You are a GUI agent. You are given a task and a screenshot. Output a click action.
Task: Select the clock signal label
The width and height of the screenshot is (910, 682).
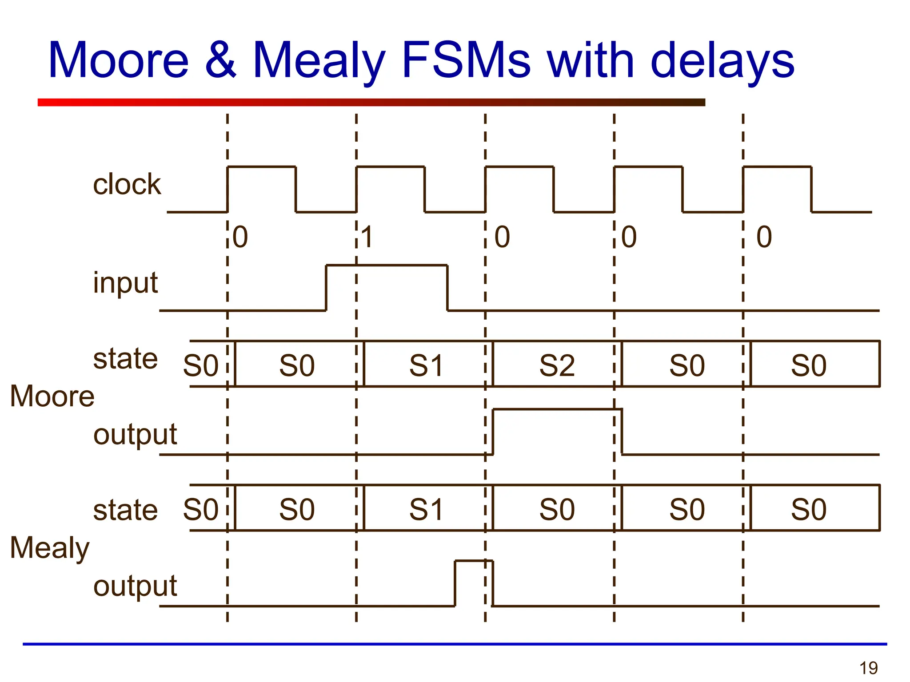(127, 184)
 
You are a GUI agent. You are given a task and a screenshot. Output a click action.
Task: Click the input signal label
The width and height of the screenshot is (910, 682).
(125, 283)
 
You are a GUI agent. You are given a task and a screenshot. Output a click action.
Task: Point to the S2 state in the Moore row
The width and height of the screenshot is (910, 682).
(557, 365)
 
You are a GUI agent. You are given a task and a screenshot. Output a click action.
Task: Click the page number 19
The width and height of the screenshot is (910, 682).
(868, 668)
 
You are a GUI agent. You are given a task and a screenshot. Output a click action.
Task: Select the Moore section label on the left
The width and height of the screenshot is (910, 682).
(52, 396)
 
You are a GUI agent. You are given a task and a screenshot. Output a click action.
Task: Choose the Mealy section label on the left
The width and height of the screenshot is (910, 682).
(49, 548)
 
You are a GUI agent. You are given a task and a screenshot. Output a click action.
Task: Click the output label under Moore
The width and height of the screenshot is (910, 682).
(135, 435)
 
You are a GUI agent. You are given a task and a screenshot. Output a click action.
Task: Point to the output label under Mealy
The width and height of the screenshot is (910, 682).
(135, 586)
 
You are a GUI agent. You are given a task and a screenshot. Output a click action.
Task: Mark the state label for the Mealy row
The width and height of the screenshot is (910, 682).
(125, 510)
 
